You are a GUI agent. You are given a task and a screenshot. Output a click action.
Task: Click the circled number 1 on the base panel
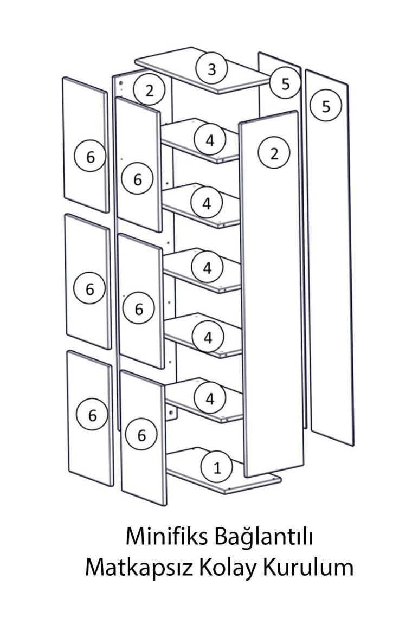(217, 468)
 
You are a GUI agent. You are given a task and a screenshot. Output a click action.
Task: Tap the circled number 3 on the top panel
(212, 69)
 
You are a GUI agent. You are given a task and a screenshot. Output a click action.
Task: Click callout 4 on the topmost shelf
(210, 140)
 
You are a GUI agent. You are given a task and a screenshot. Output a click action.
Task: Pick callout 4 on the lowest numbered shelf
(210, 399)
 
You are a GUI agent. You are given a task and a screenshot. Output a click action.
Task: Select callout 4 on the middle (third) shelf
(208, 268)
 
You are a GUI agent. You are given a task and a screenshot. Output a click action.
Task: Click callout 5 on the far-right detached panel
(326, 106)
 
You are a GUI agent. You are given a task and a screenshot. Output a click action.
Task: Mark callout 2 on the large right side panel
(274, 153)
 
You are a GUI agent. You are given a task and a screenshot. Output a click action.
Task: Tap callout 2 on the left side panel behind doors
(149, 91)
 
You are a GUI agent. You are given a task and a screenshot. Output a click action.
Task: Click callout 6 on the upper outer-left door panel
(91, 157)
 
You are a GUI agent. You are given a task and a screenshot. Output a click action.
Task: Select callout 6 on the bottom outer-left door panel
(92, 415)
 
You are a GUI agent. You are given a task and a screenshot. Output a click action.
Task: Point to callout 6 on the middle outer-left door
(89, 289)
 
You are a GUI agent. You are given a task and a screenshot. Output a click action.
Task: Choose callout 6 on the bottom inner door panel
(141, 435)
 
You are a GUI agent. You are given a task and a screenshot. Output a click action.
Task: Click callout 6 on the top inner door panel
(137, 180)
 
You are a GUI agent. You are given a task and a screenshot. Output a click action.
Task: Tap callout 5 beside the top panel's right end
(286, 83)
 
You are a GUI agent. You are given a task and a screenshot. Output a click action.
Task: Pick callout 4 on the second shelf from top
(207, 203)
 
